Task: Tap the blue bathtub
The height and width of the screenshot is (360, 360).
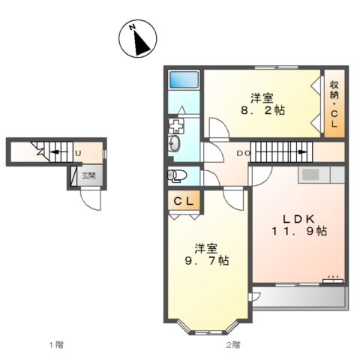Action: (x=183, y=79)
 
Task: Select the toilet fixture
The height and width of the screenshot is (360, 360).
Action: (x=176, y=175)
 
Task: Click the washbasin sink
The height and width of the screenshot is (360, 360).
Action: (x=175, y=143)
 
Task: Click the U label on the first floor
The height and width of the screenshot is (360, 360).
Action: (x=78, y=153)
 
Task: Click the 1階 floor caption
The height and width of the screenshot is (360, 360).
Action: (x=57, y=344)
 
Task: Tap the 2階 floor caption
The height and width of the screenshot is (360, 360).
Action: (x=232, y=344)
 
